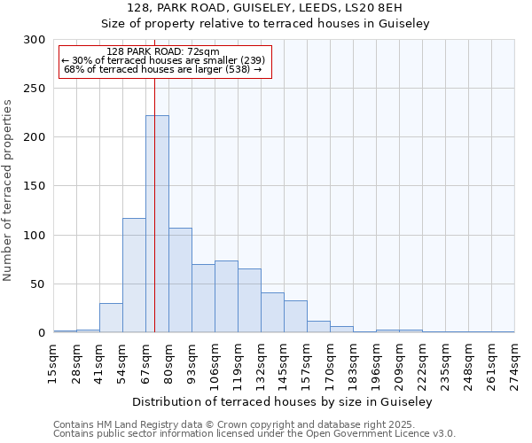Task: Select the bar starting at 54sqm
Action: pos(134,275)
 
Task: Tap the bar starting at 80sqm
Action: pos(180,280)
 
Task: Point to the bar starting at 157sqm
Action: pos(318,327)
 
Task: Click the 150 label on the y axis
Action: pos(35,187)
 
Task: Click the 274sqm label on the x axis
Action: pos(515,365)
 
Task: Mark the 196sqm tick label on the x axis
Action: pos(377,365)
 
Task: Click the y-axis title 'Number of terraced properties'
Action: pos(8,190)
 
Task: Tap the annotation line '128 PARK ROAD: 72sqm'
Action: pos(162,52)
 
